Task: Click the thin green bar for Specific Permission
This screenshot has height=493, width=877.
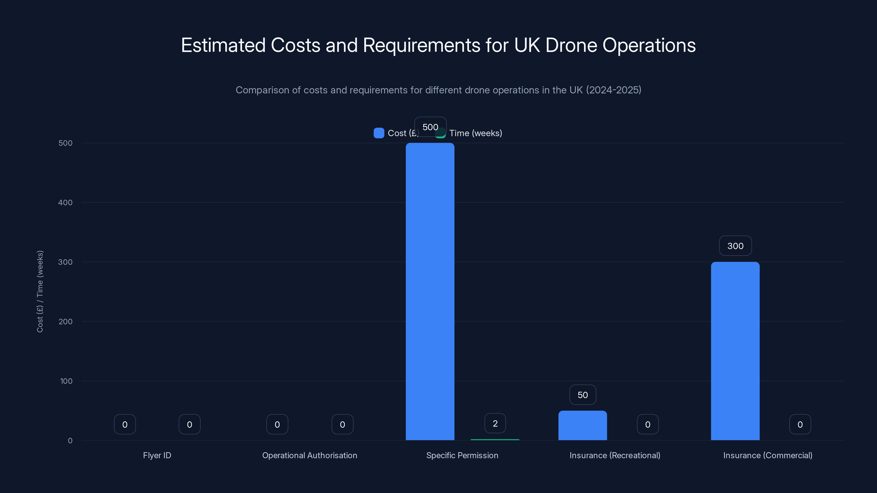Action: click(495, 440)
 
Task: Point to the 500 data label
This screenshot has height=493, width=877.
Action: click(430, 127)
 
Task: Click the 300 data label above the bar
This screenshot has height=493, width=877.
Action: click(735, 246)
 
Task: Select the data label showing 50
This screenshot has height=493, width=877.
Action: click(582, 395)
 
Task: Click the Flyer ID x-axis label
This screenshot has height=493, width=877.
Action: click(157, 455)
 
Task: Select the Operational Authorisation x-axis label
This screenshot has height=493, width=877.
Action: click(309, 455)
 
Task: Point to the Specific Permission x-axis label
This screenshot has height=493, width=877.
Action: click(462, 455)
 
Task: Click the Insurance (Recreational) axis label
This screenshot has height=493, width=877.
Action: click(615, 455)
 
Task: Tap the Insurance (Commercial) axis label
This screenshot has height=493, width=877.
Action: click(768, 455)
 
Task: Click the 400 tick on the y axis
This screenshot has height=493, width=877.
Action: click(66, 202)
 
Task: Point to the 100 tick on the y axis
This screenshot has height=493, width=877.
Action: click(66, 381)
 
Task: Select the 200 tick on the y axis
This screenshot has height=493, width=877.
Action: click(66, 322)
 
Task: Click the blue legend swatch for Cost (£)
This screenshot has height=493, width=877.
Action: click(378, 133)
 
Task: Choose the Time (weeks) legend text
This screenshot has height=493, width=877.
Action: click(475, 133)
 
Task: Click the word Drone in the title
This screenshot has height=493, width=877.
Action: click(571, 45)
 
